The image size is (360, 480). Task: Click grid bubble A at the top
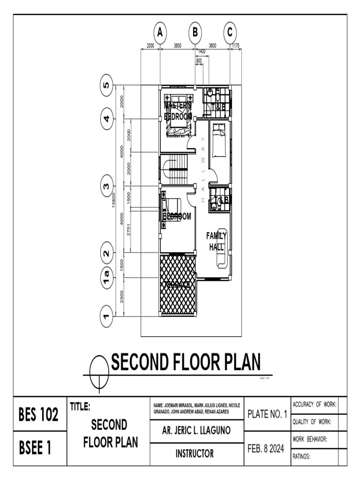(160, 33)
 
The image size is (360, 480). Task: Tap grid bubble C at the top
(230, 33)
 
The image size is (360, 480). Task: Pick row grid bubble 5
(107, 85)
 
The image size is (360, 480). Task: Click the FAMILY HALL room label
(217, 241)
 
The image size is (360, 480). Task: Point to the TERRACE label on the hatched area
(177, 285)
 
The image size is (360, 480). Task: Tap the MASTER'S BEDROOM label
(178, 111)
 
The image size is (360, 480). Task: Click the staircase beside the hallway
(177, 170)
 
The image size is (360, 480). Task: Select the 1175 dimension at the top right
(236, 45)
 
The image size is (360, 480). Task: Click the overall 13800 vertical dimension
(114, 201)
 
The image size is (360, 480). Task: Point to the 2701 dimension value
(129, 231)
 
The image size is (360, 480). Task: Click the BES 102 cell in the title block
(38, 414)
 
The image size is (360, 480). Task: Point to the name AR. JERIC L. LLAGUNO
(196, 430)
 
